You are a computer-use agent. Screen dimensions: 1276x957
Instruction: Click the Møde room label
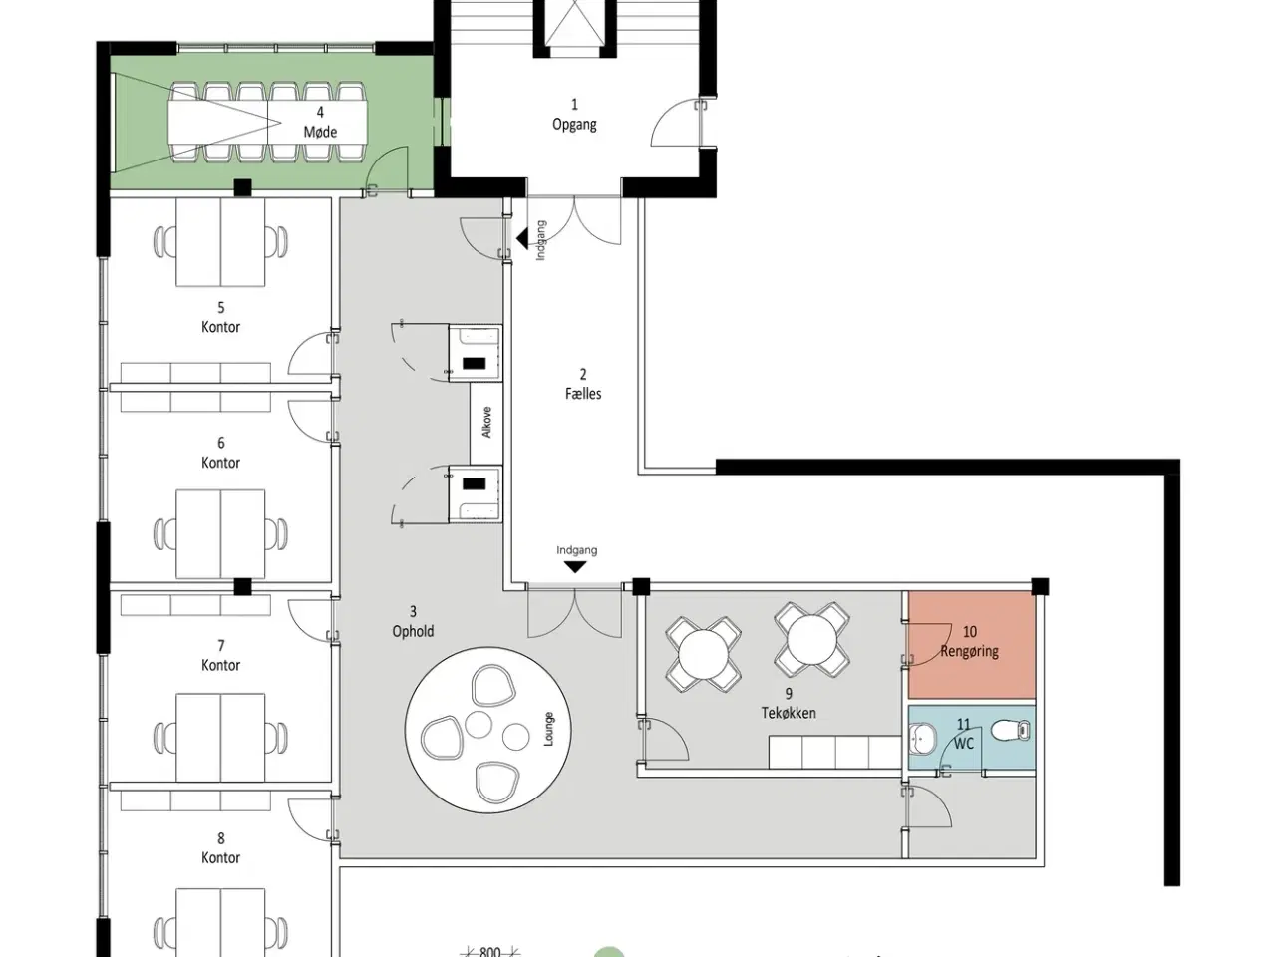320,132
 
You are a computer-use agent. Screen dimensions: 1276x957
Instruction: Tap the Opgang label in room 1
574,125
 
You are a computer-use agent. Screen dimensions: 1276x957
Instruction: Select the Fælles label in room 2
583,394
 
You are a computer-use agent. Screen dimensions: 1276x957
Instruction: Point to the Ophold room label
413,631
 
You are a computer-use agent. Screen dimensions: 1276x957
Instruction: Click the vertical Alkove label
487,422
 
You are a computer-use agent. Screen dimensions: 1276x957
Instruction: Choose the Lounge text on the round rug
548,729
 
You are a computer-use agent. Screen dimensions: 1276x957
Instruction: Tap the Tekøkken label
789,713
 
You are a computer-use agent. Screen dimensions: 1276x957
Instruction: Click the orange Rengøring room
971,644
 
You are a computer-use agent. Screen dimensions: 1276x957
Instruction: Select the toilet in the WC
1011,731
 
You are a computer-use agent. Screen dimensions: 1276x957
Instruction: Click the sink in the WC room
921,738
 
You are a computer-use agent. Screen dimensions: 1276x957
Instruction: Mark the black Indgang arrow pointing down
575,567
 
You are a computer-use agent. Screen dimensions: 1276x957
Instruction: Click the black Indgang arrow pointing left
522,238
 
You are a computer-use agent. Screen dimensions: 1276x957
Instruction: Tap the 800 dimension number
490,952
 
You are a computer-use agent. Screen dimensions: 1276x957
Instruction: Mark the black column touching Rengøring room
1040,586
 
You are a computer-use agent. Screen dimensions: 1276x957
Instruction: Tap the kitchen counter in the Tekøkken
835,752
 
